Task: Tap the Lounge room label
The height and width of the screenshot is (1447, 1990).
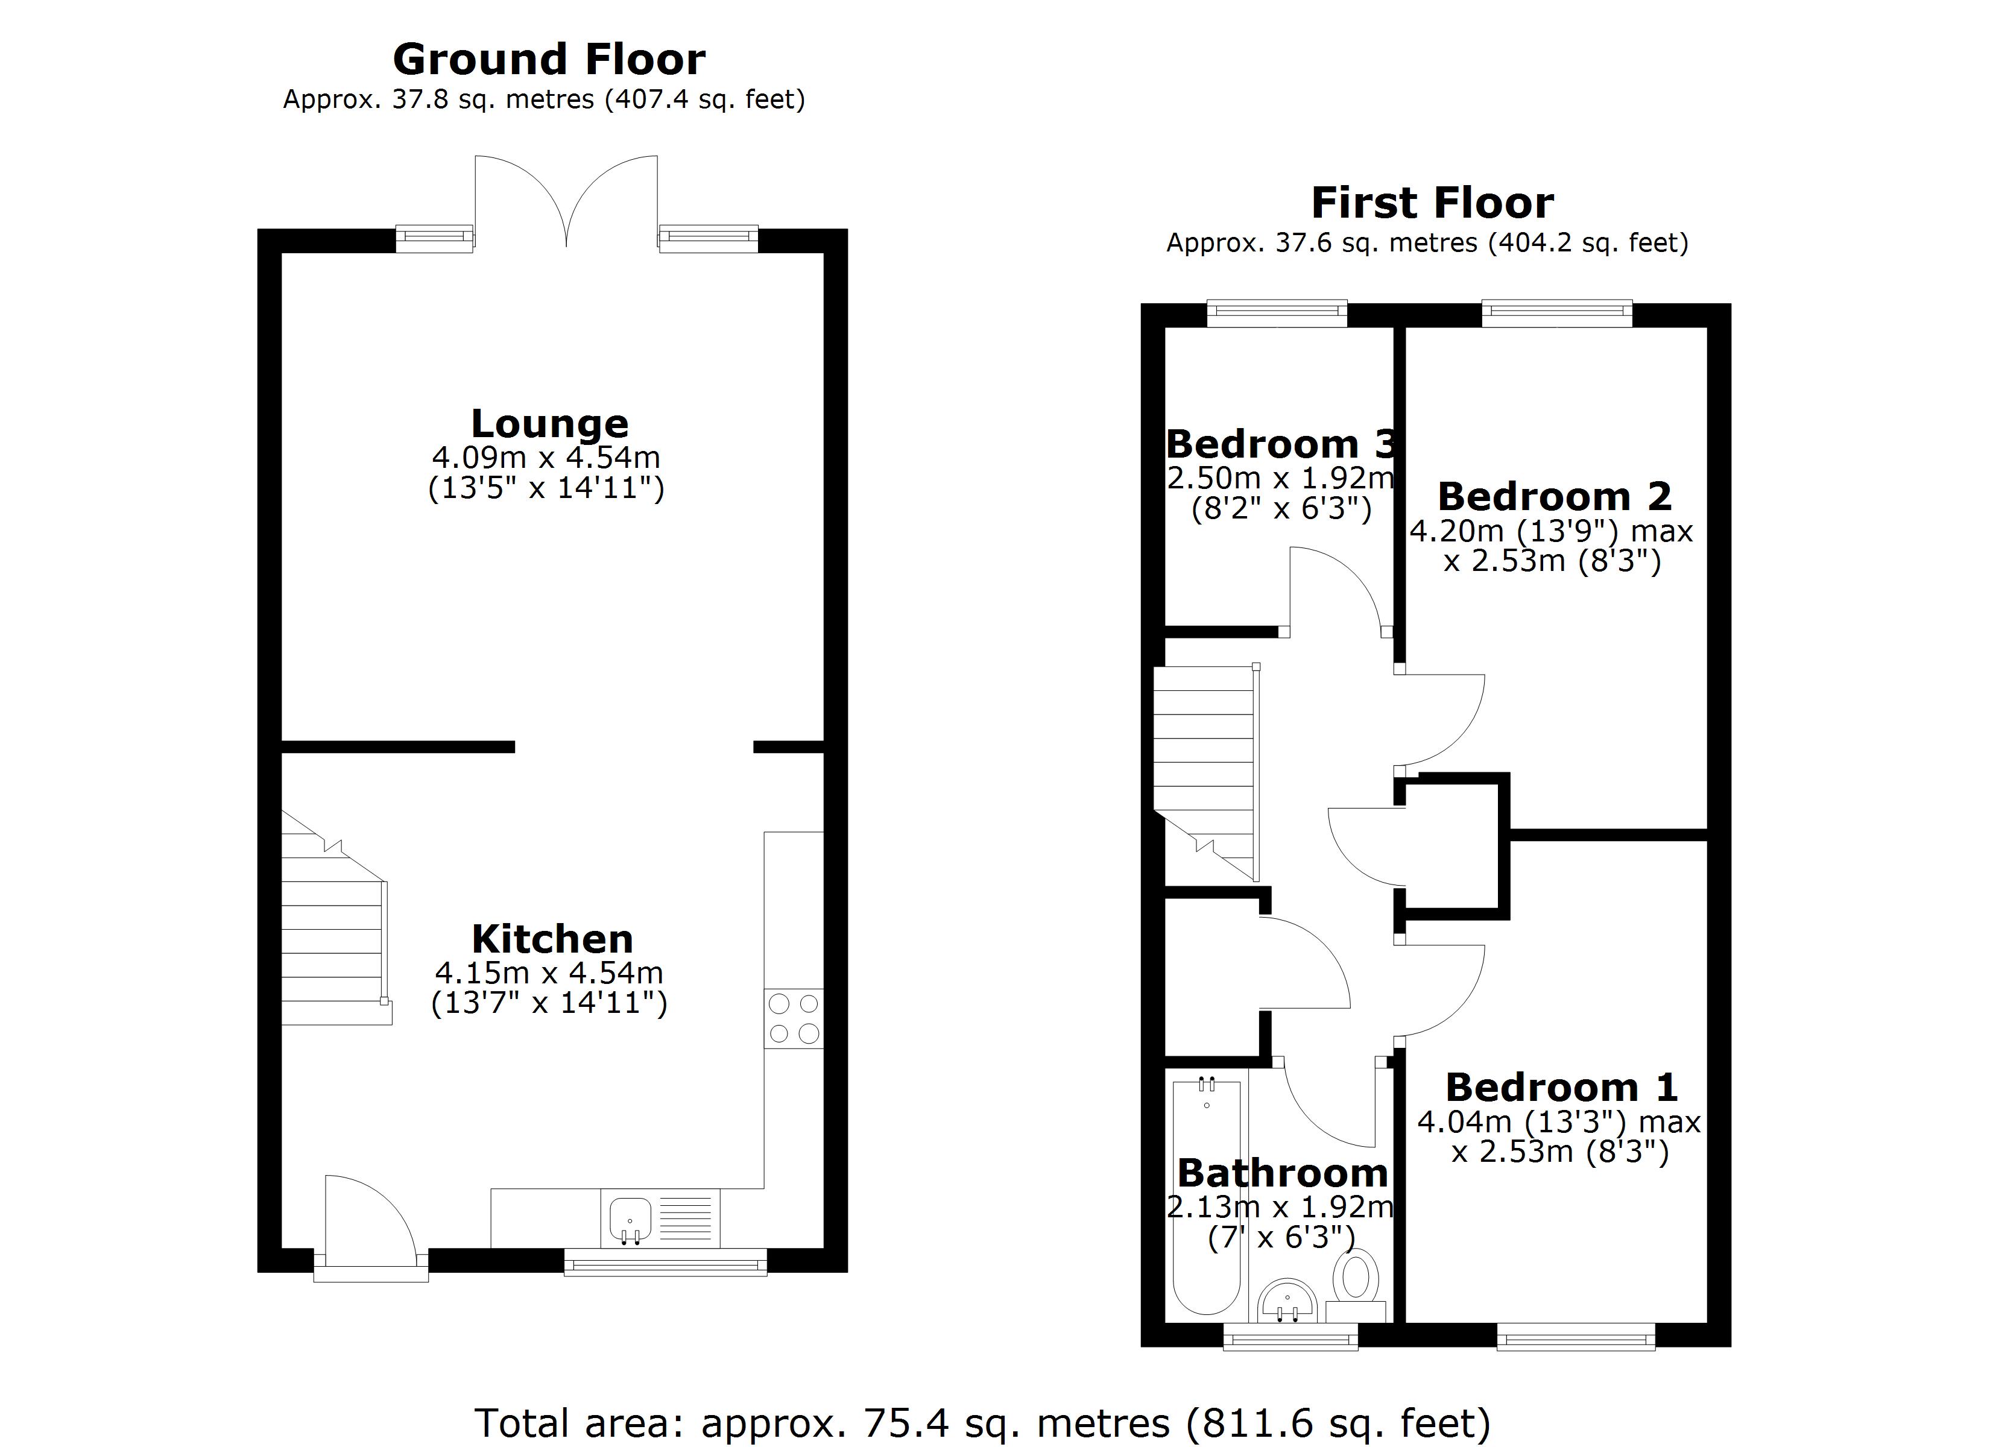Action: click(549, 424)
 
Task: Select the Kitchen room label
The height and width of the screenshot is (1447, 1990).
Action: click(552, 939)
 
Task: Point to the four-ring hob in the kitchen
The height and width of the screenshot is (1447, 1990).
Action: click(794, 1018)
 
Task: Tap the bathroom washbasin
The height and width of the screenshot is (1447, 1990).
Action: click(1287, 1301)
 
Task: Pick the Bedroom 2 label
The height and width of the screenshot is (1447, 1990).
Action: click(1555, 497)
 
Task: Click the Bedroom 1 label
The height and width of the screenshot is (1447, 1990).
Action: click(1562, 1088)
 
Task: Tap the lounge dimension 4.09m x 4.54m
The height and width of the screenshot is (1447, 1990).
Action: click(546, 457)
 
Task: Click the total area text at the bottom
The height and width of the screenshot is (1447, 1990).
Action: click(983, 1422)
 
